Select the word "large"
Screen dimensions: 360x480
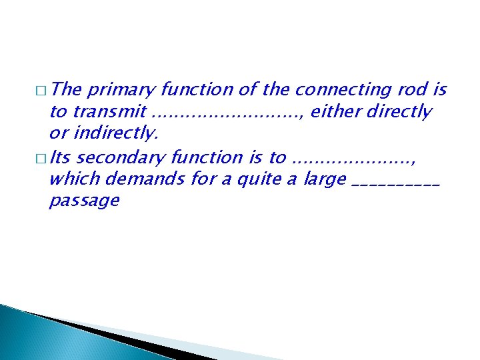(325, 179)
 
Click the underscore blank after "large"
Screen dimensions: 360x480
(395, 183)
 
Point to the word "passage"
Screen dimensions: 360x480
(84, 201)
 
